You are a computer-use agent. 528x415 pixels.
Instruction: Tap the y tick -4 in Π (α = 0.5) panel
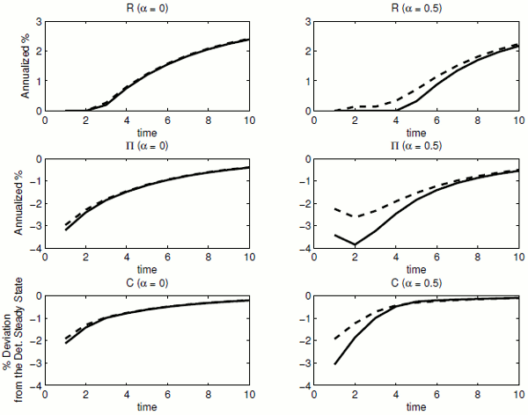pyautogui.click(x=302, y=249)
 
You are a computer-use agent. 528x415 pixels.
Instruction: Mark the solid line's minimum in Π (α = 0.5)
pyautogui.click(x=355, y=244)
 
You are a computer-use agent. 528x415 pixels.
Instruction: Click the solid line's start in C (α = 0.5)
pyautogui.click(x=334, y=364)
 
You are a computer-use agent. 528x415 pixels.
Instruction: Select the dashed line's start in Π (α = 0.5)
pyautogui.click(x=334, y=208)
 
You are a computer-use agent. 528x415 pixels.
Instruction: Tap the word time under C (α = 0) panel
pyautogui.click(x=148, y=407)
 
